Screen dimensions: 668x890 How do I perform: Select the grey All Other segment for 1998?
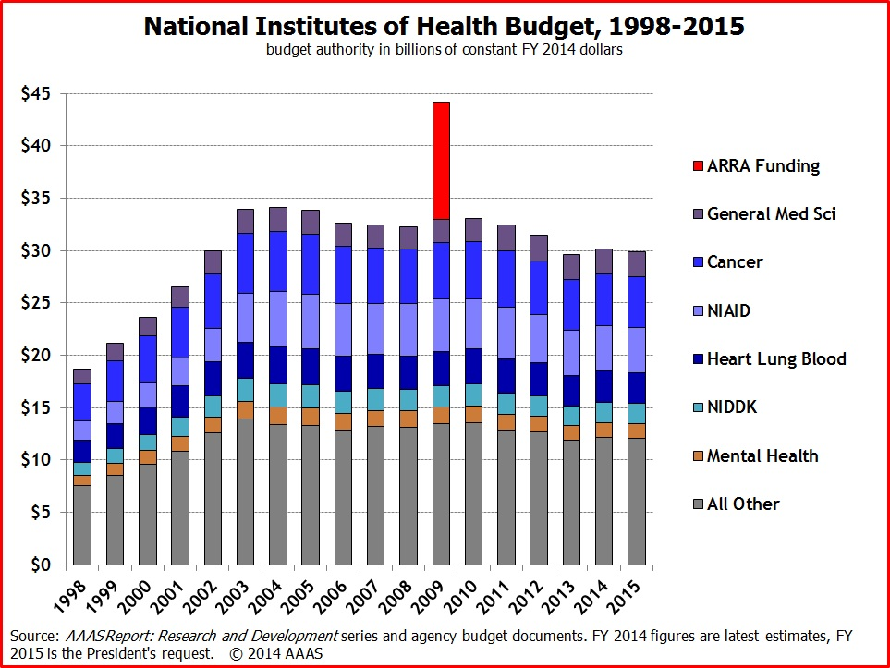pyautogui.click(x=82, y=525)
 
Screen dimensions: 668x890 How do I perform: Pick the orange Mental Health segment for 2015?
pyautogui.click(x=637, y=431)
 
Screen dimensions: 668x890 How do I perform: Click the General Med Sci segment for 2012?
pyautogui.click(x=540, y=248)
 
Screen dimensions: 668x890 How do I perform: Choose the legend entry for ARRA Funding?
pyautogui.click(x=762, y=166)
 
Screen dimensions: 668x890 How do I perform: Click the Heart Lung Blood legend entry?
pyautogui.click(x=776, y=358)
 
